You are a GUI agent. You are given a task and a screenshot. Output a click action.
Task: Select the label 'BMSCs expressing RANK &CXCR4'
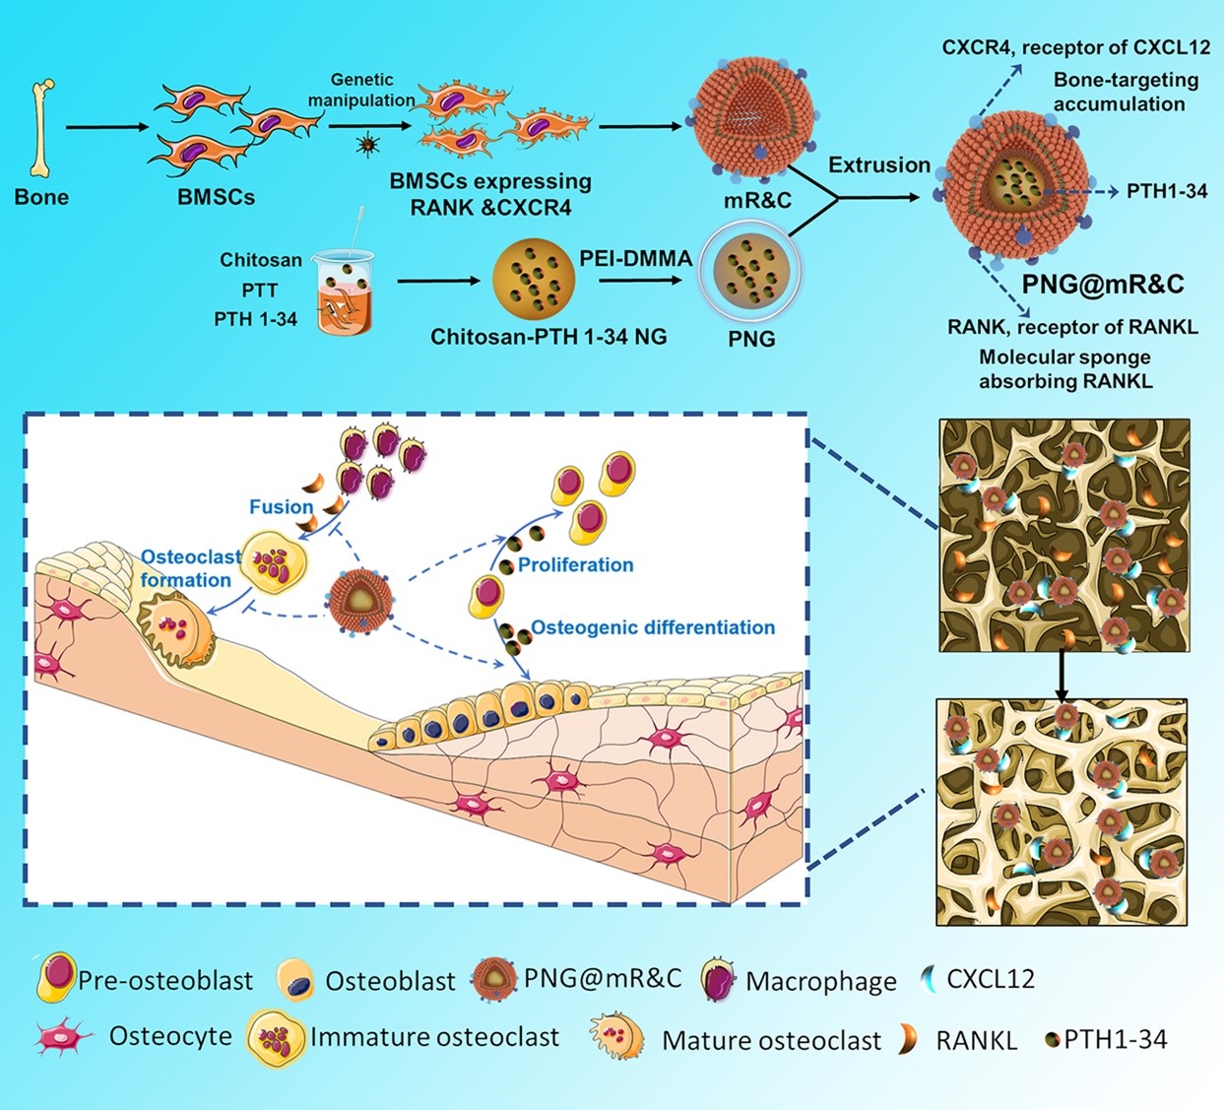click(x=490, y=194)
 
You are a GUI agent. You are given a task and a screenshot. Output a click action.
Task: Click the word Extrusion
click(x=878, y=164)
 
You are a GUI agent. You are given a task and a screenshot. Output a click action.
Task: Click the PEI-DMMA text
click(x=635, y=258)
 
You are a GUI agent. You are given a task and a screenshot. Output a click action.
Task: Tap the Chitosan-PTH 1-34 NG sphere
click(x=533, y=280)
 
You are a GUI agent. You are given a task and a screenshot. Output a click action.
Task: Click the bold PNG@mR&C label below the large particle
click(x=1102, y=285)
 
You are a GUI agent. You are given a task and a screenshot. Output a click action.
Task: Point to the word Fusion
click(x=281, y=506)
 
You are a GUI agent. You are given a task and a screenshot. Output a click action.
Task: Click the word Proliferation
click(x=575, y=564)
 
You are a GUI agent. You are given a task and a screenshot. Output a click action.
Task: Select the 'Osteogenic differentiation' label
click(x=653, y=627)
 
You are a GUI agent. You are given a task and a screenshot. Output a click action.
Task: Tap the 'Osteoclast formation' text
click(x=190, y=568)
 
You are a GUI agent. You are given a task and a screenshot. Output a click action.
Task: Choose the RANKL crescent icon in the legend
click(x=908, y=1039)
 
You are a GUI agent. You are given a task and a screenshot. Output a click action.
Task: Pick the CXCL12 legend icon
click(x=927, y=979)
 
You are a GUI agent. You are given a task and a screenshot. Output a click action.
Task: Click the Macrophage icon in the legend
click(x=720, y=979)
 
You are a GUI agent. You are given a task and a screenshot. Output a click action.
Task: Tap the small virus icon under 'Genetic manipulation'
click(x=367, y=146)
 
